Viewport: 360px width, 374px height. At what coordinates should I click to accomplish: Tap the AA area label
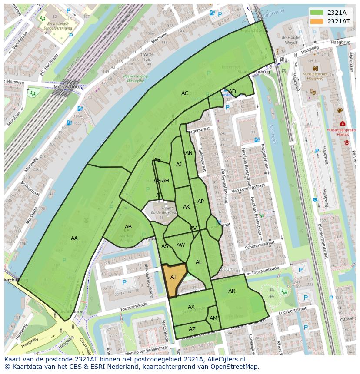coord(74,238)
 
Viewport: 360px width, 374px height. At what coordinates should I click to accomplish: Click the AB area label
coord(128,227)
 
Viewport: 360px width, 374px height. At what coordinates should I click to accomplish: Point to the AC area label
coord(185,93)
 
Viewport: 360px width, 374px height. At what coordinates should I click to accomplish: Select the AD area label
coord(233,91)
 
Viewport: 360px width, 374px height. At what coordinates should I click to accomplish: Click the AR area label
coord(232,291)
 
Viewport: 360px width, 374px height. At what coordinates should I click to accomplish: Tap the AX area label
coord(191,307)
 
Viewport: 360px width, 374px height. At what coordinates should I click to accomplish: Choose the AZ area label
coord(192,329)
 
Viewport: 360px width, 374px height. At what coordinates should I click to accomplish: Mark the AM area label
coord(213,318)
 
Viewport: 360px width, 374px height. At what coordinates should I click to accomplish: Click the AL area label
coord(199,262)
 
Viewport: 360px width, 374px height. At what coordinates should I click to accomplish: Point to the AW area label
coord(180,245)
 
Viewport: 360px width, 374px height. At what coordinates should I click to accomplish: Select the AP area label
coord(200,202)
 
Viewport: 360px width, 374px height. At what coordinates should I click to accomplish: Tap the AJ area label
coord(179,165)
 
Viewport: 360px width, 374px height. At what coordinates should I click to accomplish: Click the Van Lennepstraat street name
coord(248,187)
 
